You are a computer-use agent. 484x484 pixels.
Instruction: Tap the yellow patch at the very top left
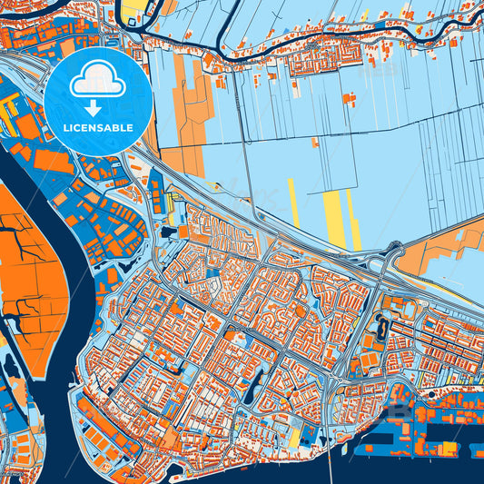(135, 8)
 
